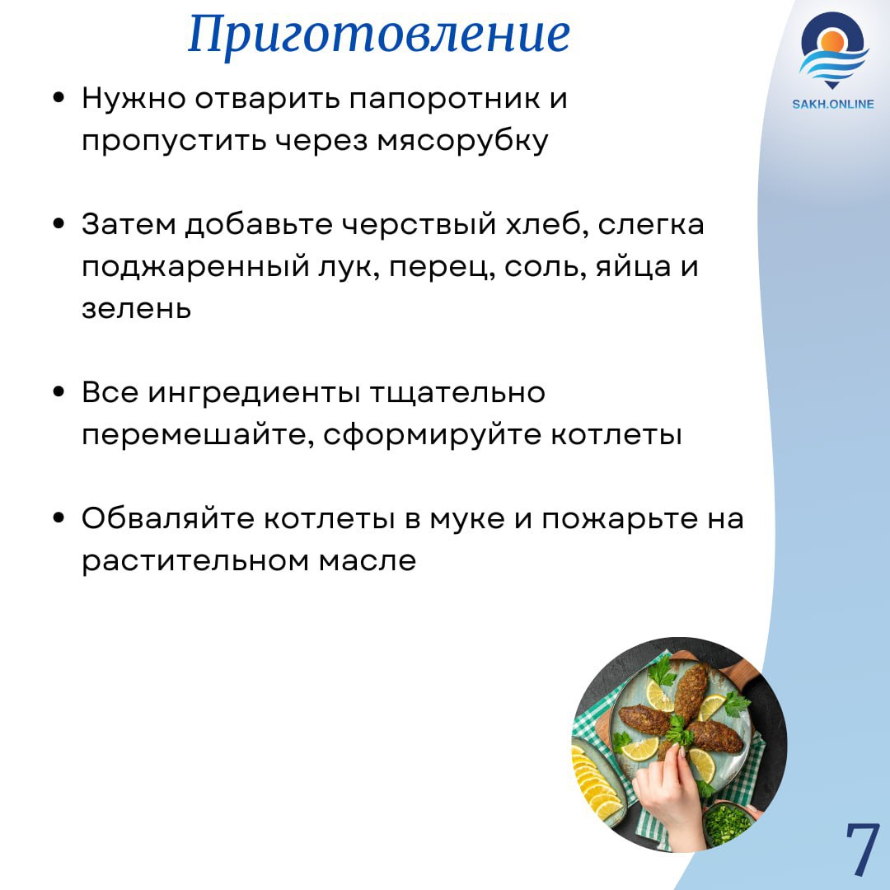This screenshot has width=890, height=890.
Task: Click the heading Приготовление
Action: click(379, 34)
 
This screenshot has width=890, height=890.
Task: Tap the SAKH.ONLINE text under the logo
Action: click(832, 104)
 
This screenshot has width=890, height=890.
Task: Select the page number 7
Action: click(863, 847)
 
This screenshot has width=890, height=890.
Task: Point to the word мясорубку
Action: click(462, 142)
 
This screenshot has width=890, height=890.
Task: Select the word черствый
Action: click(419, 224)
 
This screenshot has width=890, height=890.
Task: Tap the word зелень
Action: click(136, 309)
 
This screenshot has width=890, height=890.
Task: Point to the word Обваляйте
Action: click(168, 519)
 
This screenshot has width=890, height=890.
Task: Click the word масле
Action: click(368, 561)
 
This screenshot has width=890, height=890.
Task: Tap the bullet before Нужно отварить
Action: click(59, 97)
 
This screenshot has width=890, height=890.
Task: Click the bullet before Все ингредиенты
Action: click(59, 391)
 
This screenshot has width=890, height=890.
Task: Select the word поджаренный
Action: click(194, 267)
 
